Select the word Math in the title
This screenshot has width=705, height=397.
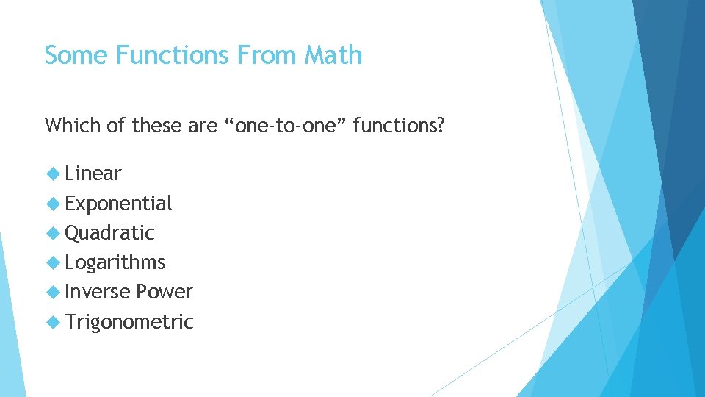click(333, 55)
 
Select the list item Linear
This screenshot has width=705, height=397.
click(93, 174)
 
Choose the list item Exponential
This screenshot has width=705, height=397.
click(118, 204)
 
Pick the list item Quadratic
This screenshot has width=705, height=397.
click(109, 233)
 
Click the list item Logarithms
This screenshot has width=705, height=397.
click(115, 262)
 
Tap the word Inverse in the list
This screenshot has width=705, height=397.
click(96, 292)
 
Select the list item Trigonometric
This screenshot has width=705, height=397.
click(129, 321)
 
